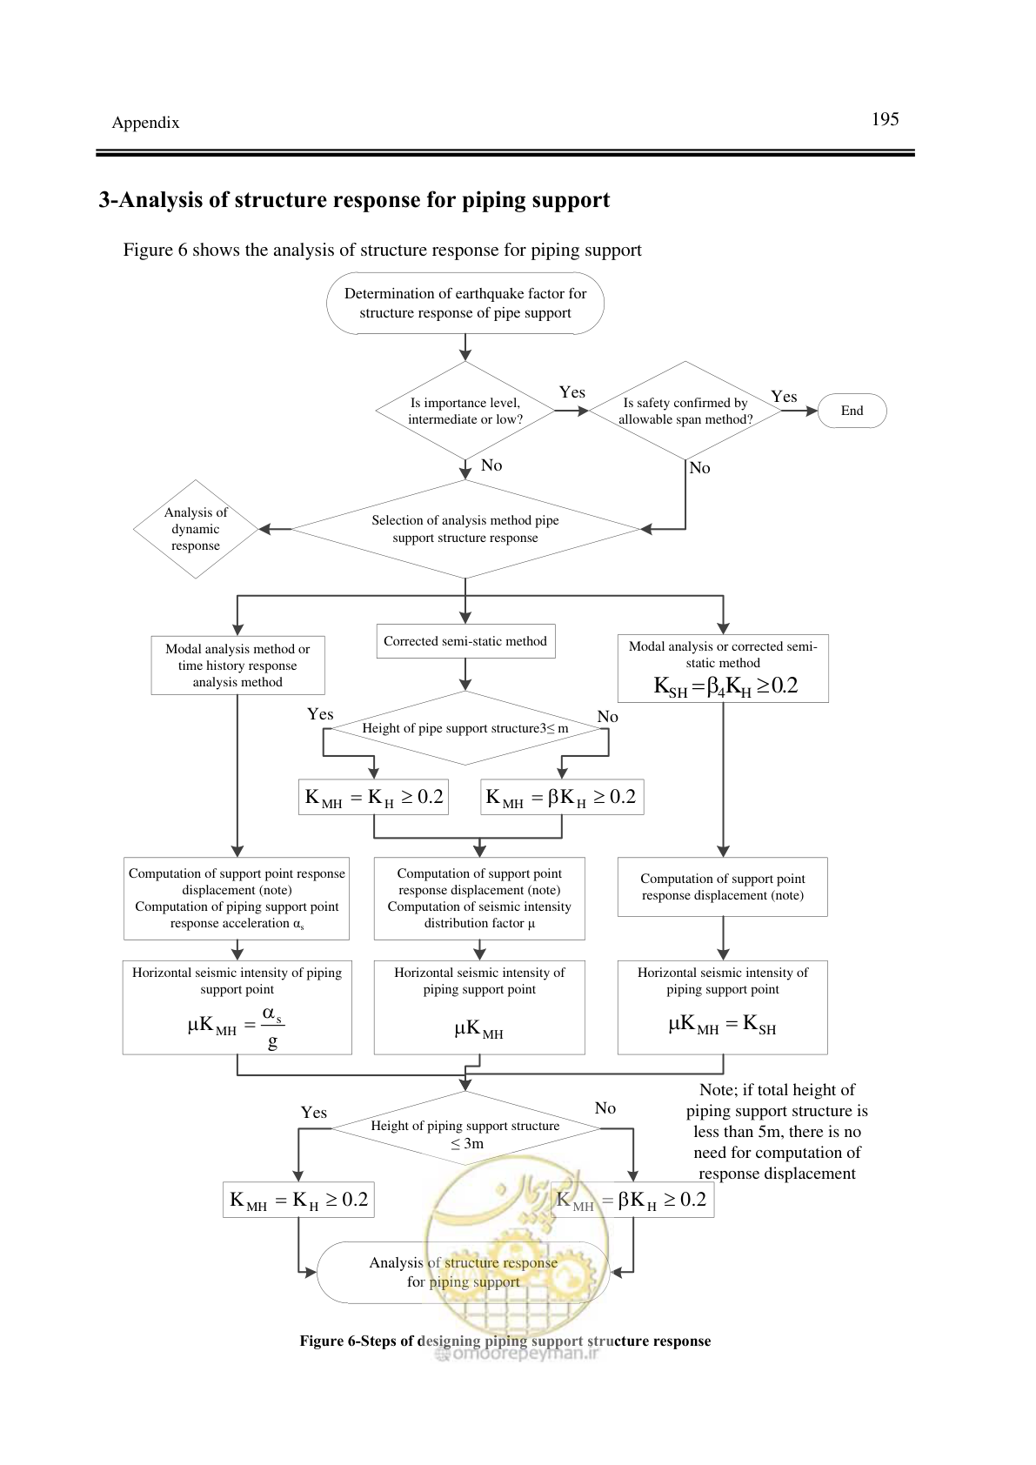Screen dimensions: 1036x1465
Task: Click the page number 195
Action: pyautogui.click(x=885, y=119)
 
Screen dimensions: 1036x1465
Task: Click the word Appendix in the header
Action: pyautogui.click(x=145, y=123)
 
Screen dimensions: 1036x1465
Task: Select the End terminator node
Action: pyautogui.click(x=852, y=411)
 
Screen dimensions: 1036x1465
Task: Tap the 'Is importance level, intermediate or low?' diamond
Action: pyautogui.click(x=465, y=411)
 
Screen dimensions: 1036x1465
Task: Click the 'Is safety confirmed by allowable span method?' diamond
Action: pyautogui.click(x=685, y=411)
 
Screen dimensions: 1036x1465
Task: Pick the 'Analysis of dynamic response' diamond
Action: pyautogui.click(x=196, y=529)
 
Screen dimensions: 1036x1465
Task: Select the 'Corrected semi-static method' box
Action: pyautogui.click(x=465, y=641)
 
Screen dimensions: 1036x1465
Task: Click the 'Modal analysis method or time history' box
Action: pyautogui.click(x=237, y=666)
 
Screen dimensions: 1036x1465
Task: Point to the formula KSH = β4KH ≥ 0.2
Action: pyautogui.click(x=726, y=686)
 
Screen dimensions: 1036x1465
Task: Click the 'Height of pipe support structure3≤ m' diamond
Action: pyautogui.click(x=465, y=728)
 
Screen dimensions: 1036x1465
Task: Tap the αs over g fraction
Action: pyautogui.click(x=273, y=1027)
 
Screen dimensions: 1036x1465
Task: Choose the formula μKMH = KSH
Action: pyautogui.click(x=722, y=1024)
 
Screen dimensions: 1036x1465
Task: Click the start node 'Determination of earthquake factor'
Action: pyautogui.click(x=465, y=304)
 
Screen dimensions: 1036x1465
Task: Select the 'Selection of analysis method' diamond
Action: pyautogui.click(x=465, y=529)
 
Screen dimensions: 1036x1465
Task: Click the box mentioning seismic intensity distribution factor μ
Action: pyautogui.click(x=479, y=899)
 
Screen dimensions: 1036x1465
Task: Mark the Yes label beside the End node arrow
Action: pyautogui.click(x=784, y=397)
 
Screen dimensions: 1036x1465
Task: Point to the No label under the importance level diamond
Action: pyautogui.click(x=491, y=465)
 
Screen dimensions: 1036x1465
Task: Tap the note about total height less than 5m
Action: pyautogui.click(x=777, y=1132)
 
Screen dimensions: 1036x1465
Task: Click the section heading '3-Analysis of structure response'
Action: pyautogui.click(x=354, y=199)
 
